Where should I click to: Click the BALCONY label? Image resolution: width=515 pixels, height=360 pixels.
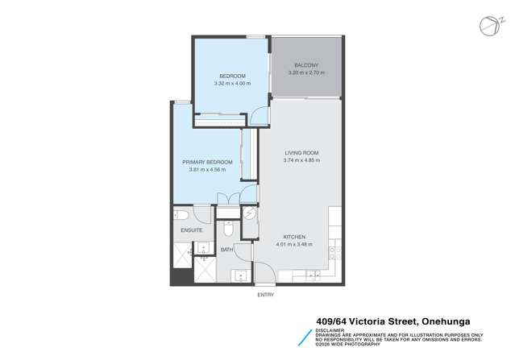click(306, 65)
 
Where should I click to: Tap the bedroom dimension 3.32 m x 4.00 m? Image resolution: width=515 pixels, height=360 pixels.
click(232, 83)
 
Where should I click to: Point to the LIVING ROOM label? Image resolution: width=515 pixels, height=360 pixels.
click(301, 153)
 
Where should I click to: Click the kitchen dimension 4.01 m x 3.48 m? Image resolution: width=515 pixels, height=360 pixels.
click(294, 244)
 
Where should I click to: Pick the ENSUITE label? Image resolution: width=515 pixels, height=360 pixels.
click(191, 230)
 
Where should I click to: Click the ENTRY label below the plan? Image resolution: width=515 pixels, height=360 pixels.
click(265, 295)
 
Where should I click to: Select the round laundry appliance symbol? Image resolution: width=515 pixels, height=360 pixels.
click(250, 214)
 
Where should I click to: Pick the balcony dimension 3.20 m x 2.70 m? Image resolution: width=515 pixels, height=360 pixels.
click(306, 72)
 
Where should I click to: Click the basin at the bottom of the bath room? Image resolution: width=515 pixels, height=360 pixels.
click(241, 276)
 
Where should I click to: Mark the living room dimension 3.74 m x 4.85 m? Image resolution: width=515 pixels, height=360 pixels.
click(301, 160)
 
